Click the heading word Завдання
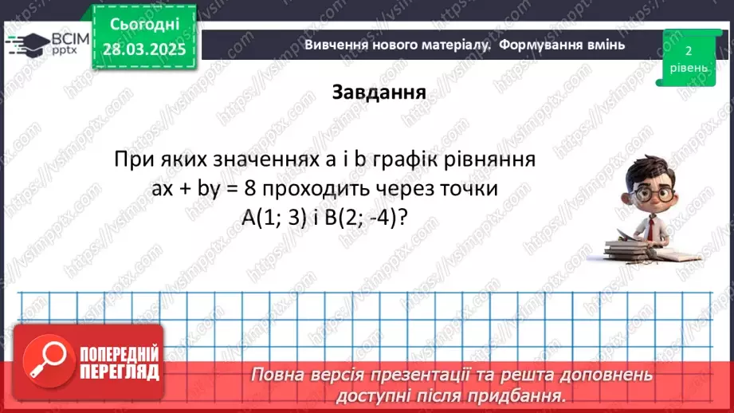[x=379, y=92]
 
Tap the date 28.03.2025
[x=144, y=49]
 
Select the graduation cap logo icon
[x=26, y=42]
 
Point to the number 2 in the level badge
[x=688, y=51]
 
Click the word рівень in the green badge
[x=688, y=68]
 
